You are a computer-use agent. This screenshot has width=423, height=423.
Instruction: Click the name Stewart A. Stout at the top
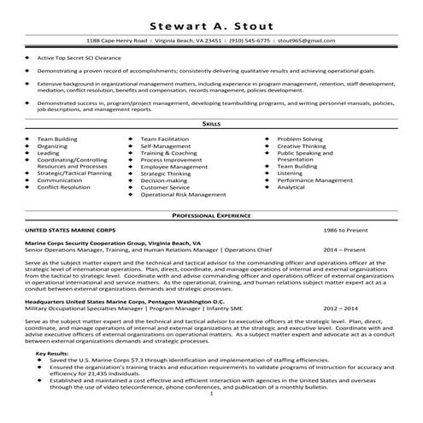(211, 23)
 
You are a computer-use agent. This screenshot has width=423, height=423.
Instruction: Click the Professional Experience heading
(211, 216)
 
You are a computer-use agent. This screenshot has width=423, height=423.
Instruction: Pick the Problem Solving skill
(300, 138)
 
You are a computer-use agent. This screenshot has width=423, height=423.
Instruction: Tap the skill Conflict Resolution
(63, 187)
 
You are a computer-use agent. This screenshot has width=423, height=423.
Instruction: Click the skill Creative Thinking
(302, 145)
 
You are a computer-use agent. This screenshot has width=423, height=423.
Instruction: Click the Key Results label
(53, 353)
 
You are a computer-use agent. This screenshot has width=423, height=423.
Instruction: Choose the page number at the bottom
(211, 396)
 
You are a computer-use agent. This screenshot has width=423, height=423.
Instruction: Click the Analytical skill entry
(291, 187)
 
